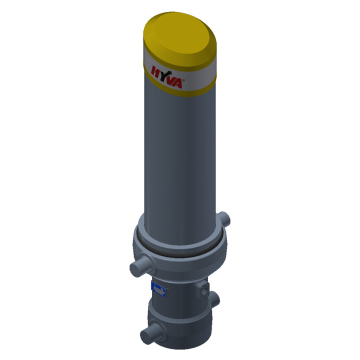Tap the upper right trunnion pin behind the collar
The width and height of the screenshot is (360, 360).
[229, 217]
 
